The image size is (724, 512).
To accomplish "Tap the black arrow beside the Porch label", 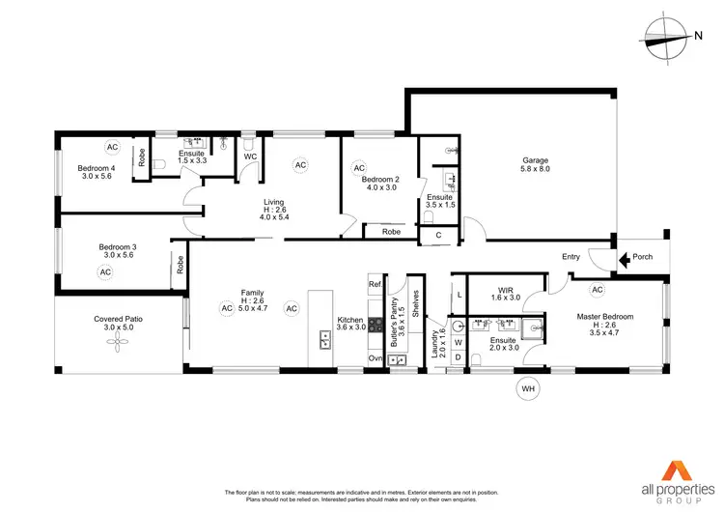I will [625, 259].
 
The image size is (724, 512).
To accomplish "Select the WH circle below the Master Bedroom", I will [527, 389].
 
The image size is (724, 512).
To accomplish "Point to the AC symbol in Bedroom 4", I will [112, 147].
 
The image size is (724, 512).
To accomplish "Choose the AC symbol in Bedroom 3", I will [105, 272].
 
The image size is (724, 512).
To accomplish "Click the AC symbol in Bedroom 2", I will [359, 166].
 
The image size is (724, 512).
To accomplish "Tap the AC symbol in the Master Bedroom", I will [597, 289].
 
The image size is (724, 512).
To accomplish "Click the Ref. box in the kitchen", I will [376, 285].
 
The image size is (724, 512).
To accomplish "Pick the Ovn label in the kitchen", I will [376, 358].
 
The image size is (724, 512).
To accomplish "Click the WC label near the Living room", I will [249, 156].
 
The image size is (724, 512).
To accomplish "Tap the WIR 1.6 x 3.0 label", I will [504, 294].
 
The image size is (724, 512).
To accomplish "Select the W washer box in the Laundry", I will [459, 342].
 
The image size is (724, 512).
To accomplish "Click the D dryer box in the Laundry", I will [459, 358].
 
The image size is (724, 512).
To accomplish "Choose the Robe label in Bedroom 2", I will [391, 232].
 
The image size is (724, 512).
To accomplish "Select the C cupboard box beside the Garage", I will [438, 234].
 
